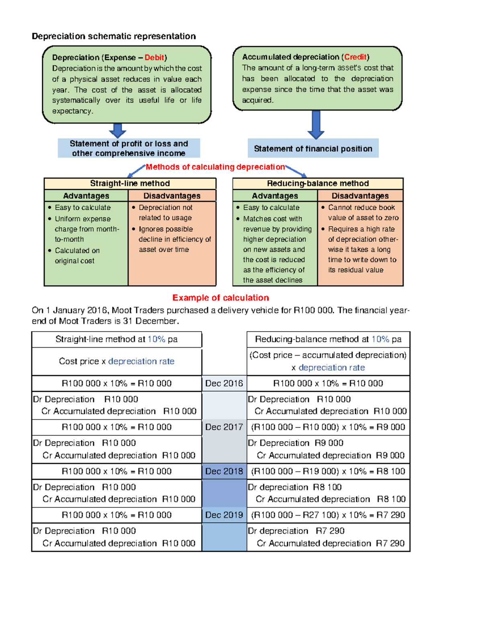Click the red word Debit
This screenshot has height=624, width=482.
tap(154, 57)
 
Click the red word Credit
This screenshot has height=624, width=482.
tap(355, 57)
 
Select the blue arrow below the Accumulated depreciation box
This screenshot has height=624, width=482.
tap(316, 125)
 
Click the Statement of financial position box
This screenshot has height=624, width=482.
tap(313, 149)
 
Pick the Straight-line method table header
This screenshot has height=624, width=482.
tap(130, 184)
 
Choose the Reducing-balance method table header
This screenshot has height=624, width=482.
tap(318, 184)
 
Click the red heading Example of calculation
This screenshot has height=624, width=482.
tap(221, 298)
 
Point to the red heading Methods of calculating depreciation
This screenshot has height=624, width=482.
tap(215, 167)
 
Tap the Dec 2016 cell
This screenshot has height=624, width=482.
tap(224, 383)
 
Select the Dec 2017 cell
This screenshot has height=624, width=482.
tap(224, 427)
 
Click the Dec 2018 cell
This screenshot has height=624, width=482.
tap(224, 471)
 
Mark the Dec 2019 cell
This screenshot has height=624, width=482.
tap(224, 515)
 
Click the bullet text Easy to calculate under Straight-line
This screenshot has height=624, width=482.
tap(83, 208)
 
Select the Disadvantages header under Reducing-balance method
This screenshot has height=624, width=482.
tap(360, 196)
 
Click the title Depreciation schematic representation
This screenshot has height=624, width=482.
tap(114, 37)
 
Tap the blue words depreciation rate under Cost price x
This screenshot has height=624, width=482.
tap(141, 361)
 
